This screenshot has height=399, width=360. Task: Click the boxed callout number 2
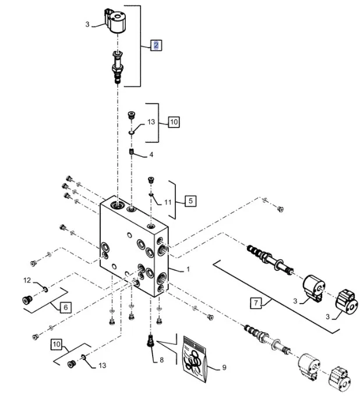[x=156, y=45]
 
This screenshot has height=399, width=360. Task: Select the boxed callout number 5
[x=190, y=201]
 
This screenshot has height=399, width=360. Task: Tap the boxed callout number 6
[x=65, y=307]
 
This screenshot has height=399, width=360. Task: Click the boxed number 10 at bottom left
[x=56, y=344]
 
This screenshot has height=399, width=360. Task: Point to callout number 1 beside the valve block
[x=189, y=270]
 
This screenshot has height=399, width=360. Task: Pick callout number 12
[x=27, y=281]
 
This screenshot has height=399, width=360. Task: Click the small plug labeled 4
[x=132, y=153]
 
